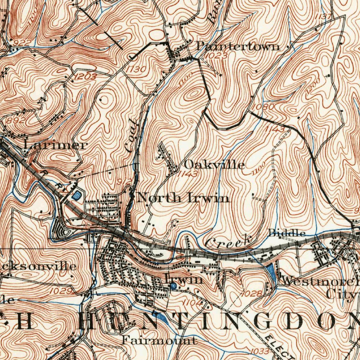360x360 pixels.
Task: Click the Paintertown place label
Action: pos(238,46)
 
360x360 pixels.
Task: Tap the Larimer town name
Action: pos(56,145)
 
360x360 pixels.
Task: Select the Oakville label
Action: pos(214,165)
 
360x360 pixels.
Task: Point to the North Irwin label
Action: pos(183,198)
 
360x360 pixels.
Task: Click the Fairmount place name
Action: pos(159,340)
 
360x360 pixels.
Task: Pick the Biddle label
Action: pos(287,233)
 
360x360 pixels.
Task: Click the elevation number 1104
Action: pos(192,302)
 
